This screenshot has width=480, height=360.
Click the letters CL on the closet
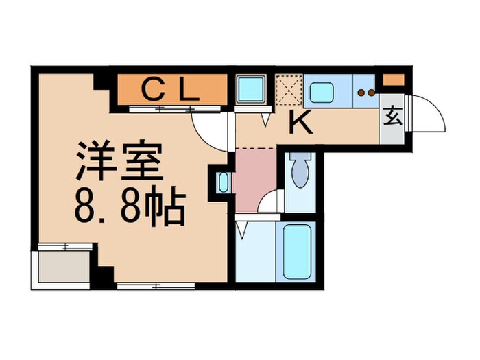click(x=171, y=89)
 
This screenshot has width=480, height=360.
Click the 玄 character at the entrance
click(x=392, y=116)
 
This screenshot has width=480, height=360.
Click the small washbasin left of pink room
click(x=224, y=182)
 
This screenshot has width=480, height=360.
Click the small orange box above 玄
click(x=392, y=79)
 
